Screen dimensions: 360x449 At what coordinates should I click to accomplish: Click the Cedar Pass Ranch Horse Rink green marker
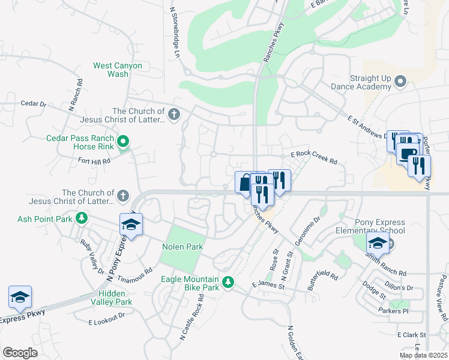[x=123, y=142]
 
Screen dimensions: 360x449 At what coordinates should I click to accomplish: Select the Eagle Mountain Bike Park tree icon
[x=228, y=282]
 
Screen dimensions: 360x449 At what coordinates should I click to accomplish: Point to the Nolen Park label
[x=182, y=247]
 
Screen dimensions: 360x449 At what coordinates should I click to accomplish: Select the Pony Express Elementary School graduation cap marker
[x=378, y=242]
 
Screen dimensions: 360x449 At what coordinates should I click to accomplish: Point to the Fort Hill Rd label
[x=95, y=161]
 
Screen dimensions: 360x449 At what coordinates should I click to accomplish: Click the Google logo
[x=20, y=353]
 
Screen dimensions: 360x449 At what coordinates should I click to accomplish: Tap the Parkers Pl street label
[x=393, y=311]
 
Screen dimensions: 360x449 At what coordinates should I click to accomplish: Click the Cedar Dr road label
[x=33, y=104]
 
